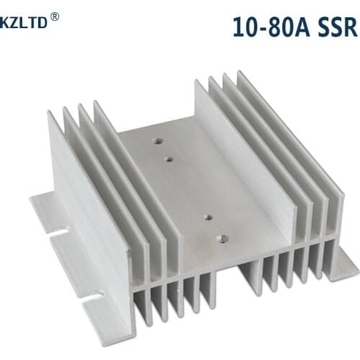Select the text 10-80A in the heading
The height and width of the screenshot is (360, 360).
pyautogui.click(x=271, y=27)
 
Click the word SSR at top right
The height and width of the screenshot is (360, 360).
pyautogui.click(x=335, y=27)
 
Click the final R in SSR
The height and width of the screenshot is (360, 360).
pyautogui.click(x=348, y=27)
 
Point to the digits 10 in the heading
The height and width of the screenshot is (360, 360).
pyautogui.click(x=245, y=27)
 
